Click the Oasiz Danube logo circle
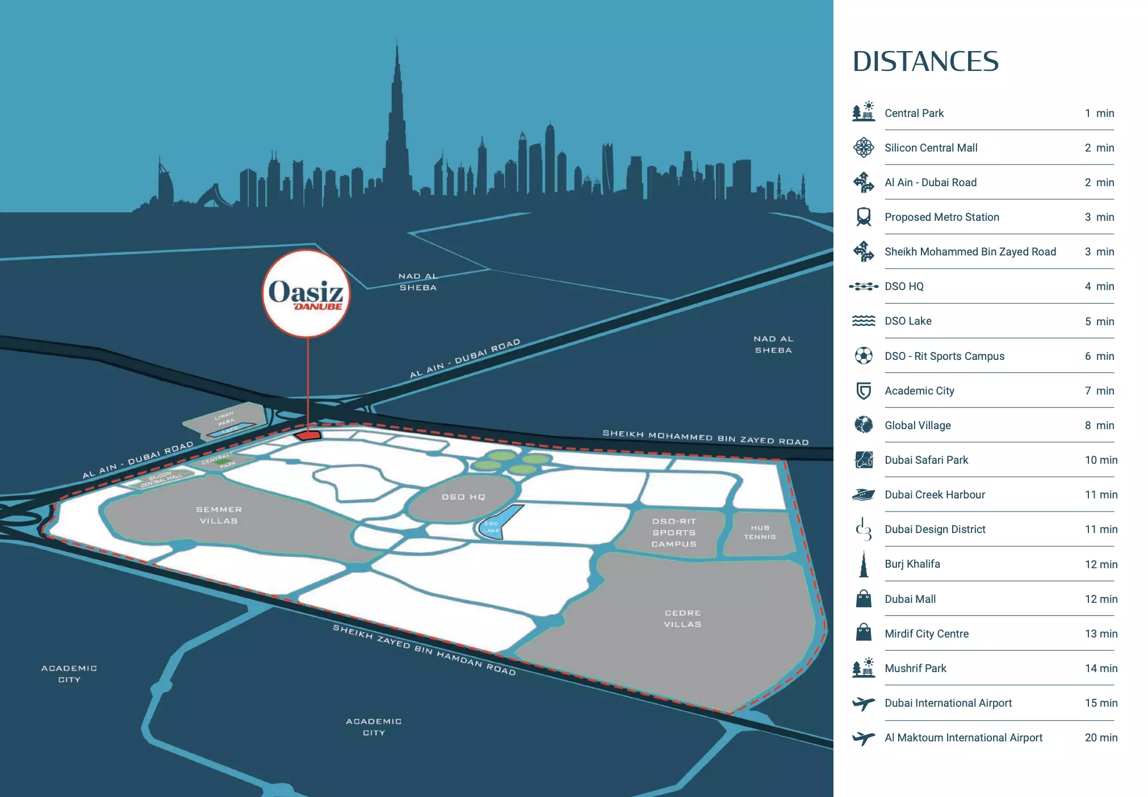tap(306, 293)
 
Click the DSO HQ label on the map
tap(463, 497)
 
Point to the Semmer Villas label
tap(219, 515)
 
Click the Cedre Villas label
tap(682, 618)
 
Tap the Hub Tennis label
tap(760, 532)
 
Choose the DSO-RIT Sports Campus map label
tap(674, 532)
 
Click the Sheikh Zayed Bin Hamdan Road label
tap(424, 649)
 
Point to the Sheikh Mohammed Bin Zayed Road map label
tap(705, 437)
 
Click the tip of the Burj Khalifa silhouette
tap(397, 41)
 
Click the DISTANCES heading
tap(925, 61)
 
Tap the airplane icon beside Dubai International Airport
tap(863, 703)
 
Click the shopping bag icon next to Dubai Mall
tap(863, 599)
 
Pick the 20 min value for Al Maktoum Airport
tap(1100, 737)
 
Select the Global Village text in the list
tap(917, 425)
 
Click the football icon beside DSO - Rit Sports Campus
tap(863, 356)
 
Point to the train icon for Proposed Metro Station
tap(863, 217)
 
